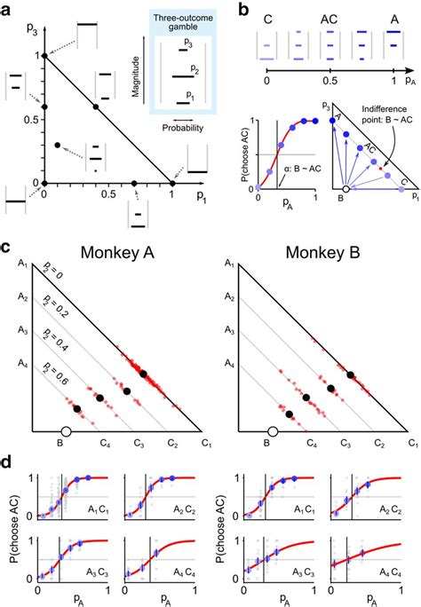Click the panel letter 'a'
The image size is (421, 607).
pos(7,8)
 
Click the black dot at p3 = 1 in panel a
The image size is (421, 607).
pos(44,56)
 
